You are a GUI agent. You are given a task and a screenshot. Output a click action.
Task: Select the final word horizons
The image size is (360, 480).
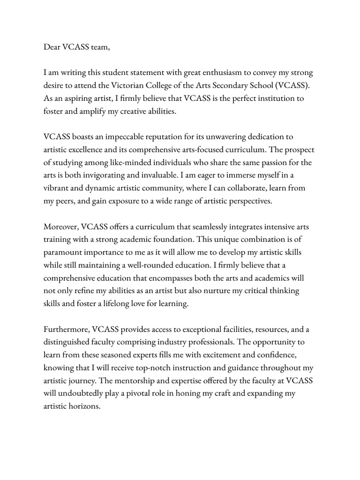pos(84,406)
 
